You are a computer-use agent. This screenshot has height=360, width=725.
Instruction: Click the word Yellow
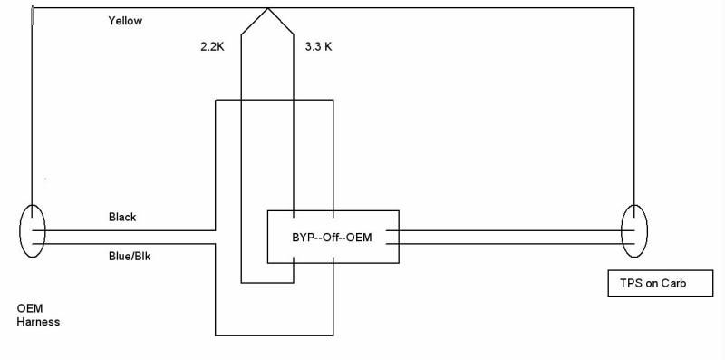click(x=126, y=20)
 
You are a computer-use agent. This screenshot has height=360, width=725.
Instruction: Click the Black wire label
click(x=121, y=218)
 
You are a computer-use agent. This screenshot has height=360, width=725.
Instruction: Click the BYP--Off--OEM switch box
click(x=333, y=238)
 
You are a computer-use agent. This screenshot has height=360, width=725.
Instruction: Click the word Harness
click(x=38, y=322)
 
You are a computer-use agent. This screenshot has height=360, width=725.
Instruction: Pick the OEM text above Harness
click(x=30, y=308)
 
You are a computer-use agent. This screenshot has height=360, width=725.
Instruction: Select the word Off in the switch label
click(x=331, y=239)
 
